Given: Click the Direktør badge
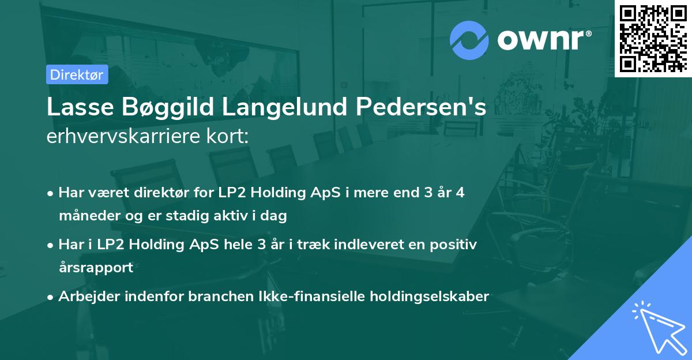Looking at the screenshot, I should [x=77, y=74].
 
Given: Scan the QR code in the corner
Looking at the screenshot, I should [x=653, y=38].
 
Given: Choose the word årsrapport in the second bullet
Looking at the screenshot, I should [x=96, y=268].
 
